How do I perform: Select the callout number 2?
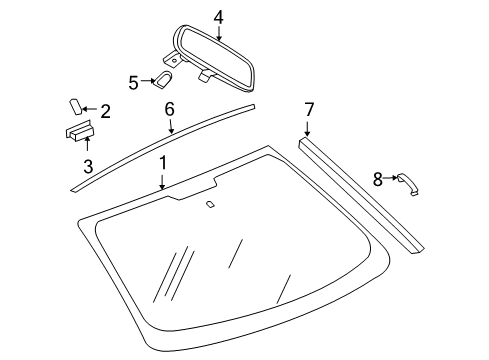104,112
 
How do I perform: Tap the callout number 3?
88,166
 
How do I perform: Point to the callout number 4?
218,15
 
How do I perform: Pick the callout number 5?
133,82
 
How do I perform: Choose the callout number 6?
170,107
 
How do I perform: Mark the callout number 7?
308,109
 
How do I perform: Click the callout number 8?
378,180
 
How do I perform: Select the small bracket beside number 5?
163,81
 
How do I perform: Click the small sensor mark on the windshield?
211,205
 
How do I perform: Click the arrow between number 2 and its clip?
88,110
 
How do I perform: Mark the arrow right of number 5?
146,82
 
